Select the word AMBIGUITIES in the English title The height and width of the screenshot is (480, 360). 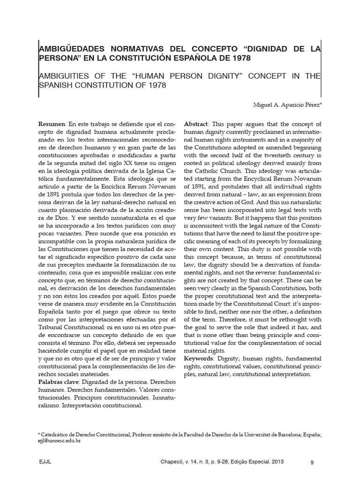pos(63,76)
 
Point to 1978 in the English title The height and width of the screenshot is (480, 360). pos(158,86)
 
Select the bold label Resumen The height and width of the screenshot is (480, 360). pos(52,124)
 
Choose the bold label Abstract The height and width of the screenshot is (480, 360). pos(197,124)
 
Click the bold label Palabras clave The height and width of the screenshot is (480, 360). pos(59,382)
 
